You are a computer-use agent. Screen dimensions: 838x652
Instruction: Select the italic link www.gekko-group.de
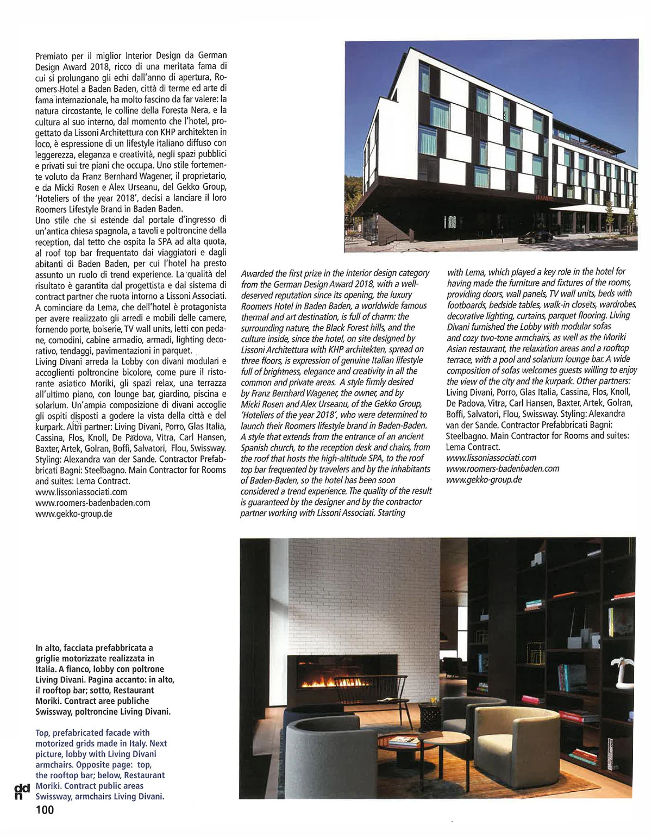point(484,479)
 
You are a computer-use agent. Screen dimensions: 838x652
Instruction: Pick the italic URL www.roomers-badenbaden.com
point(502,469)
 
